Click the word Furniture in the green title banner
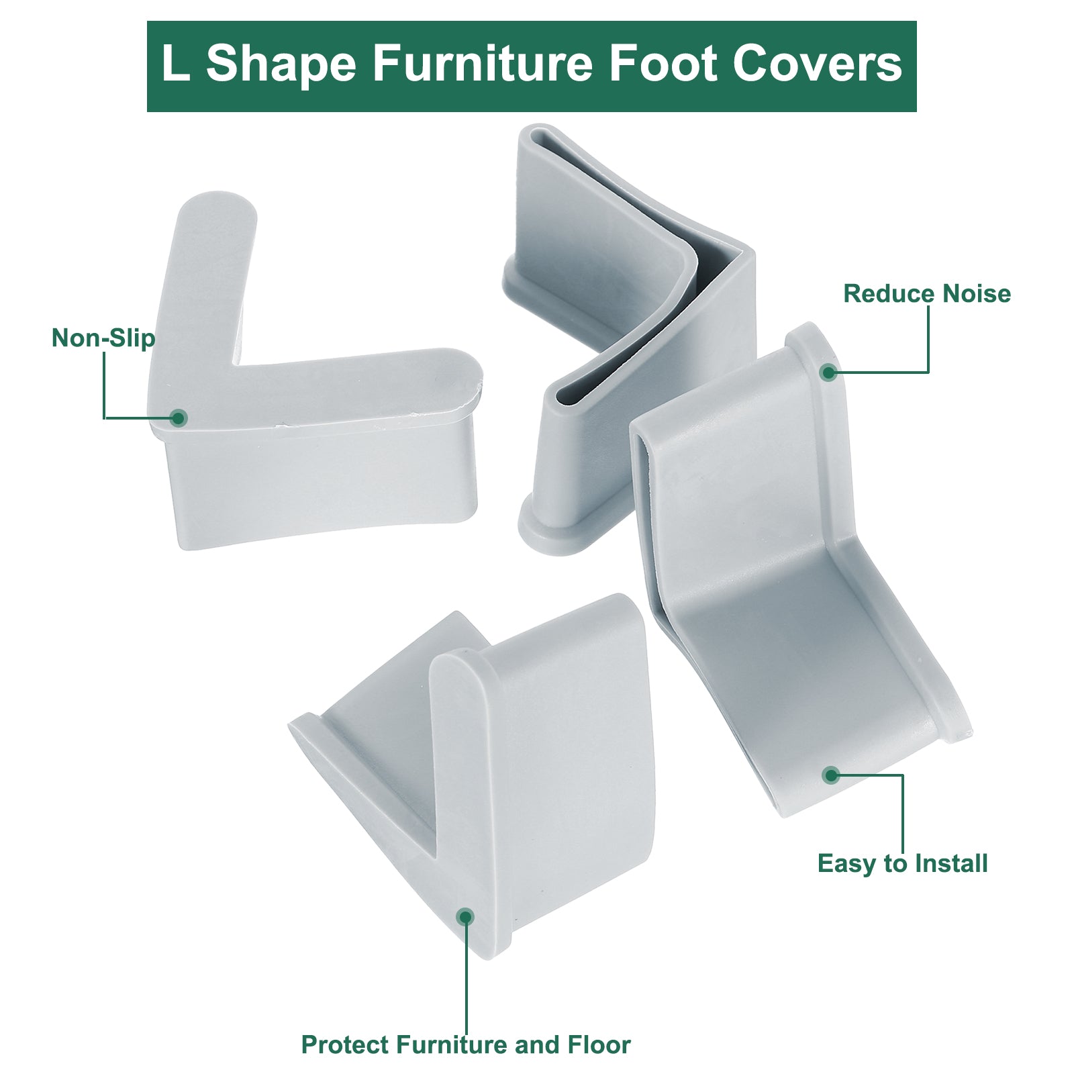(x=482, y=64)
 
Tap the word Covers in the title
(x=817, y=64)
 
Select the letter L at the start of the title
(x=175, y=64)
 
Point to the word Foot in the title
(x=662, y=64)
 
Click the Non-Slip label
(x=103, y=338)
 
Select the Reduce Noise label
(x=927, y=293)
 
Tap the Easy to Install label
(x=902, y=863)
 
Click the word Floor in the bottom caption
(x=599, y=1045)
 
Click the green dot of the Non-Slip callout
(x=178, y=418)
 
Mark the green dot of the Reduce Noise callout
(x=828, y=372)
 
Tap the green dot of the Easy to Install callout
(x=831, y=775)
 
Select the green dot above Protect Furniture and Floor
(x=465, y=917)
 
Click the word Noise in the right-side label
(x=977, y=293)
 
